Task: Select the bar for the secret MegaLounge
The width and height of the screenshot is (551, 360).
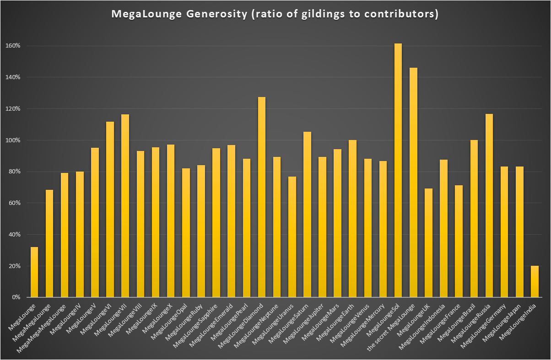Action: pyautogui.click(x=413, y=183)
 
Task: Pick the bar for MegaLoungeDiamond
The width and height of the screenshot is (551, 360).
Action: pyautogui.click(x=262, y=197)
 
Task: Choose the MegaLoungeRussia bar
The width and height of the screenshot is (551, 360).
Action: pyautogui.click(x=489, y=205)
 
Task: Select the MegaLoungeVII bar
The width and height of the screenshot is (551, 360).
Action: pyautogui.click(x=125, y=205)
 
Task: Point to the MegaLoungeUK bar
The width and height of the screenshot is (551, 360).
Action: pyautogui.click(x=428, y=243)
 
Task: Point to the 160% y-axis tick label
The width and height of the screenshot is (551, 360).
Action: pyautogui.click(x=13, y=46)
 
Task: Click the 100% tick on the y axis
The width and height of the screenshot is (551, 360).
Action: pyautogui.click(x=13, y=140)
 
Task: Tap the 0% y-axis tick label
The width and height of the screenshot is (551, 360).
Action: pyautogui.click(x=16, y=297)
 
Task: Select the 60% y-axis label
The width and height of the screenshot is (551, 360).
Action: pyautogui.click(x=14, y=203)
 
